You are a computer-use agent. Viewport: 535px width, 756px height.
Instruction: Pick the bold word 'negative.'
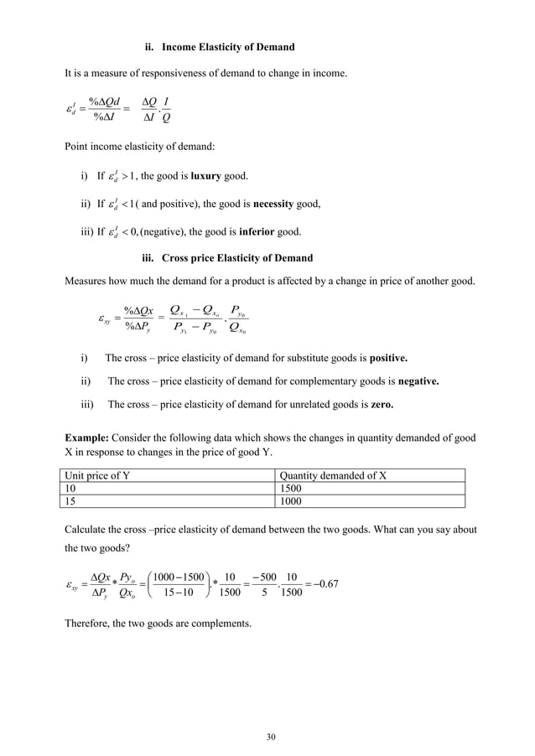pyautogui.click(x=410, y=381)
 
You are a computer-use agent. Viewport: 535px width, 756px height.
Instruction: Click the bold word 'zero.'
pyautogui.click(x=377, y=404)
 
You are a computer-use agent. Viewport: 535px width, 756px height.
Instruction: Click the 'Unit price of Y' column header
pyautogui.click(x=101, y=475)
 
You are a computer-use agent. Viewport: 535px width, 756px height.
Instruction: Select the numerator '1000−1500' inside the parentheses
pyautogui.click(x=178, y=576)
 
